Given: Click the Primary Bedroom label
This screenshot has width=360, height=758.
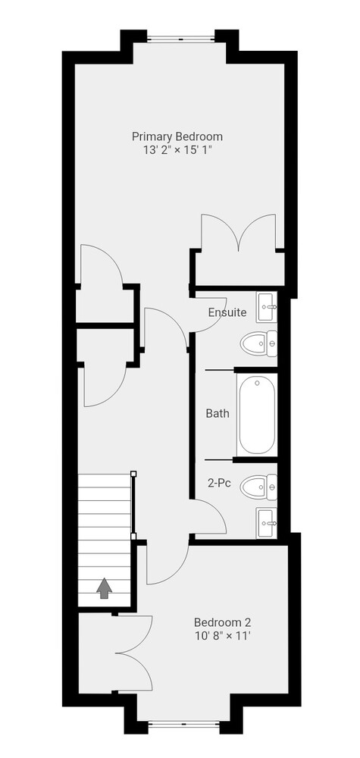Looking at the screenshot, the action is [177, 136].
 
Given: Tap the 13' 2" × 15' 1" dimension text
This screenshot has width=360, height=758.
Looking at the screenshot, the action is [177, 150].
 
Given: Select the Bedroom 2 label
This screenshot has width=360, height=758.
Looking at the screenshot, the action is [222, 622].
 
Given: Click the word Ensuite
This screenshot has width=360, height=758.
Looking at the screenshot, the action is [227, 312].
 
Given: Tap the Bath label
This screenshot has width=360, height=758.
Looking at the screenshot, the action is [218, 413].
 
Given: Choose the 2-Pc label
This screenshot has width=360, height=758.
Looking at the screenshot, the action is [218, 482].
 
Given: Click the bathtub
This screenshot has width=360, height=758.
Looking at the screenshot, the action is [257, 415].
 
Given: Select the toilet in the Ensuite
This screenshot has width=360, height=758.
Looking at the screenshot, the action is [258, 343].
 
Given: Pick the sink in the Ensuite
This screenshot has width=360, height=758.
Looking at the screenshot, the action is [267, 307].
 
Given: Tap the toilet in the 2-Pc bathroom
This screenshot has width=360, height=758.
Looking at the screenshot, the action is [258, 487].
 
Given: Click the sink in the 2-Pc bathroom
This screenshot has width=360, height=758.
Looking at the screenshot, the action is [267, 522].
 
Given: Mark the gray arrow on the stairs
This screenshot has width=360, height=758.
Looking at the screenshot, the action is [105, 589].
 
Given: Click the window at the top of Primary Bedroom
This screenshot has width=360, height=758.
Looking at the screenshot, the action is [180, 39].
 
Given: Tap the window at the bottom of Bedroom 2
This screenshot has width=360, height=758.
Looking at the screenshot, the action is [183, 724].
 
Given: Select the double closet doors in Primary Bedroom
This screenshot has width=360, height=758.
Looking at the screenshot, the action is [239, 232].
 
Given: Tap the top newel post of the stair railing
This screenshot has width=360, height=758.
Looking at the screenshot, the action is [134, 474].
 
